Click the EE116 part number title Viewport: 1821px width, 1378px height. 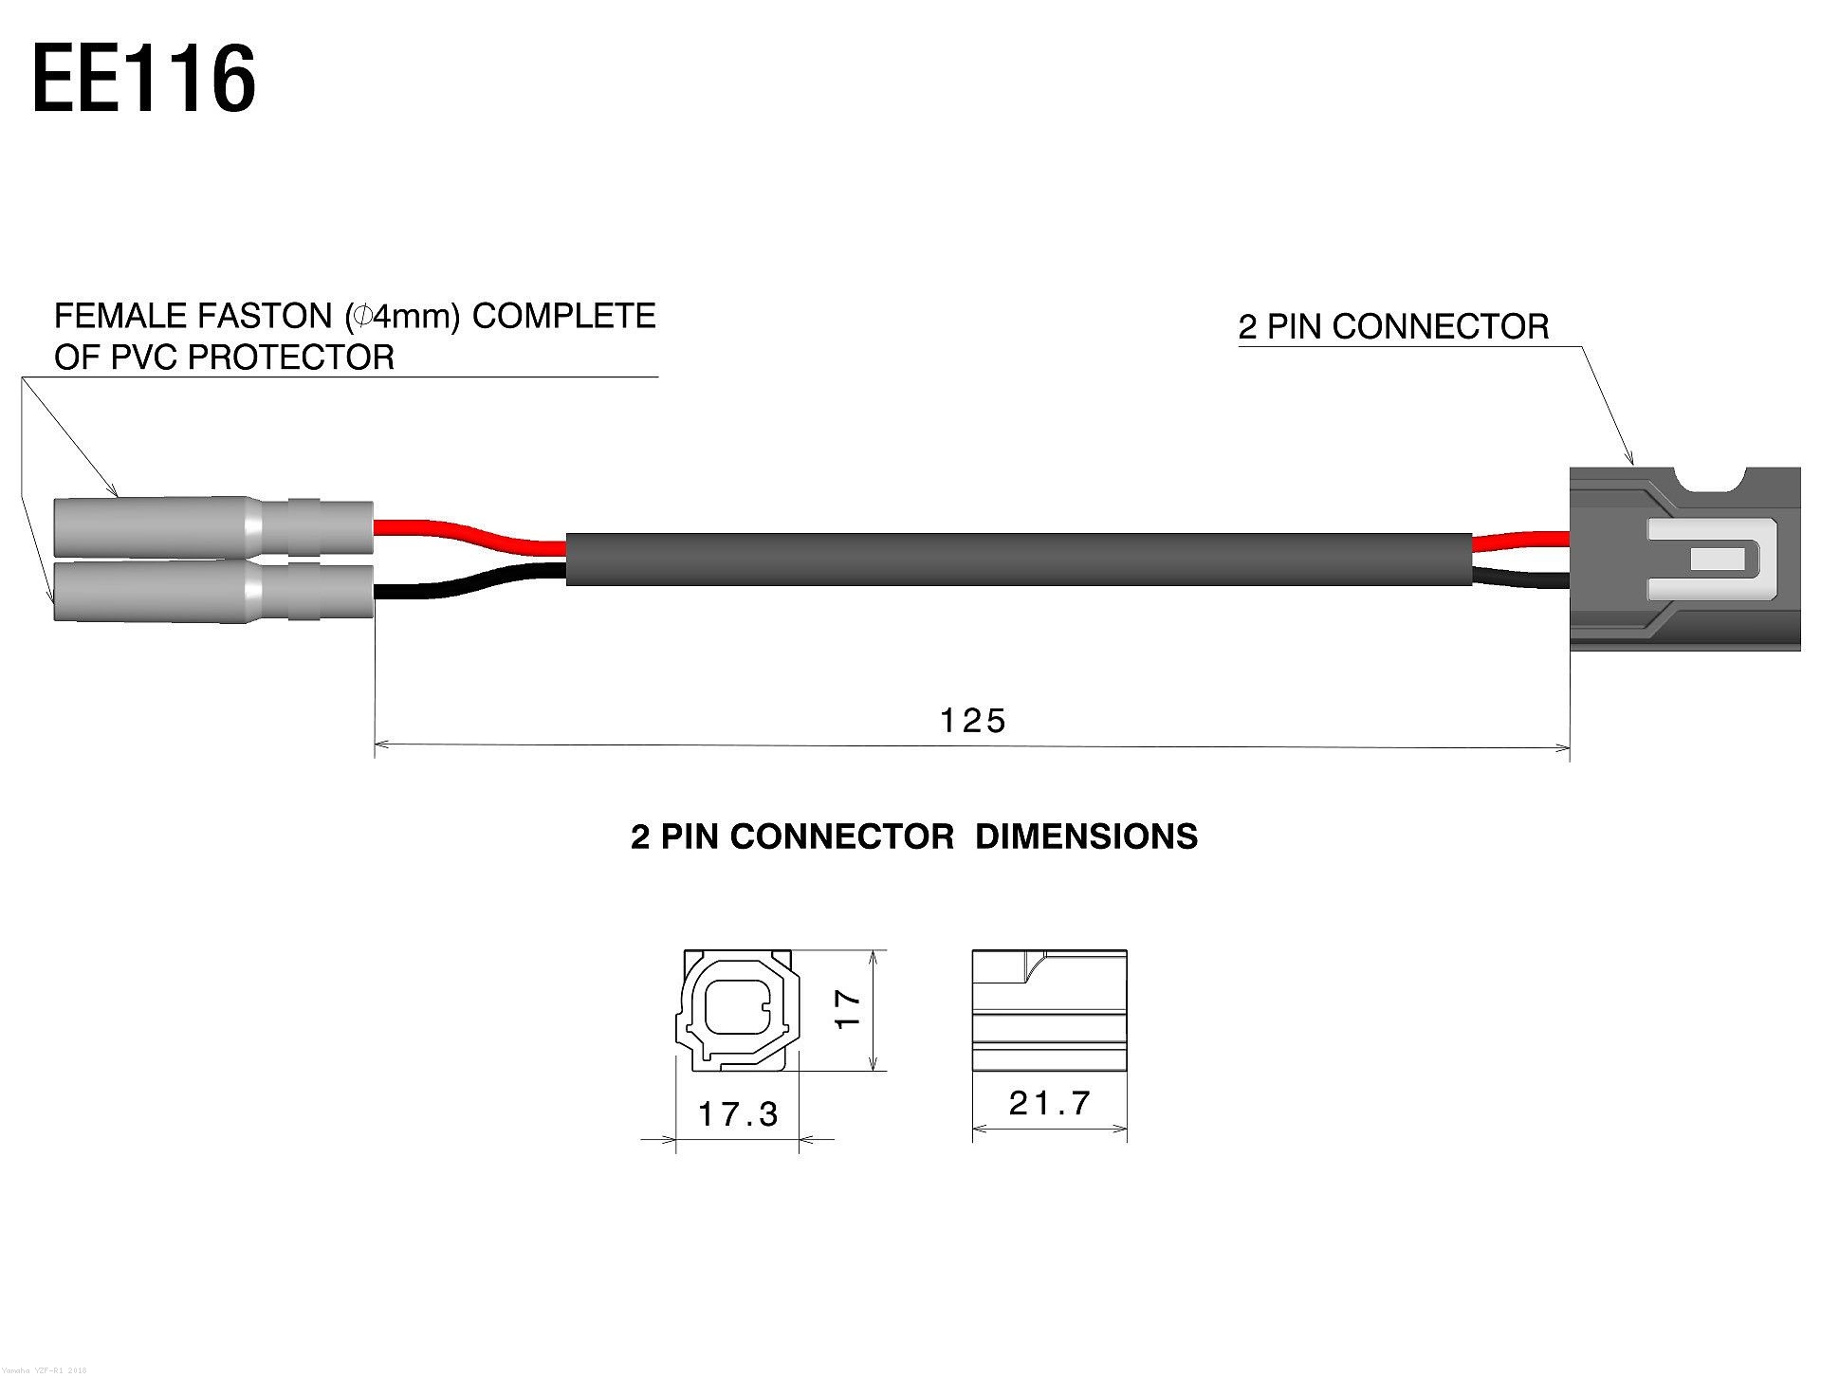point(144,81)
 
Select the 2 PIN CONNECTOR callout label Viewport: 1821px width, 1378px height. point(1393,327)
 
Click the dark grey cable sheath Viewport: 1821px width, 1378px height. point(1020,560)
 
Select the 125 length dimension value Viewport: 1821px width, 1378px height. point(972,721)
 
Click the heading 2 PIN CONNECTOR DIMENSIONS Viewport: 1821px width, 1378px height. point(914,836)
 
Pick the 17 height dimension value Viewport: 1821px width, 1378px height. point(848,1008)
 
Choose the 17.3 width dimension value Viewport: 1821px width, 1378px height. point(738,1113)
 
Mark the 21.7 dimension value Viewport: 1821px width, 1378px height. point(1050,1103)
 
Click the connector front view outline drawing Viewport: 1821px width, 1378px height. point(738,1011)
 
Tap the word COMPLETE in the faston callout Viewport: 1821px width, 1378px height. point(563,316)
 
